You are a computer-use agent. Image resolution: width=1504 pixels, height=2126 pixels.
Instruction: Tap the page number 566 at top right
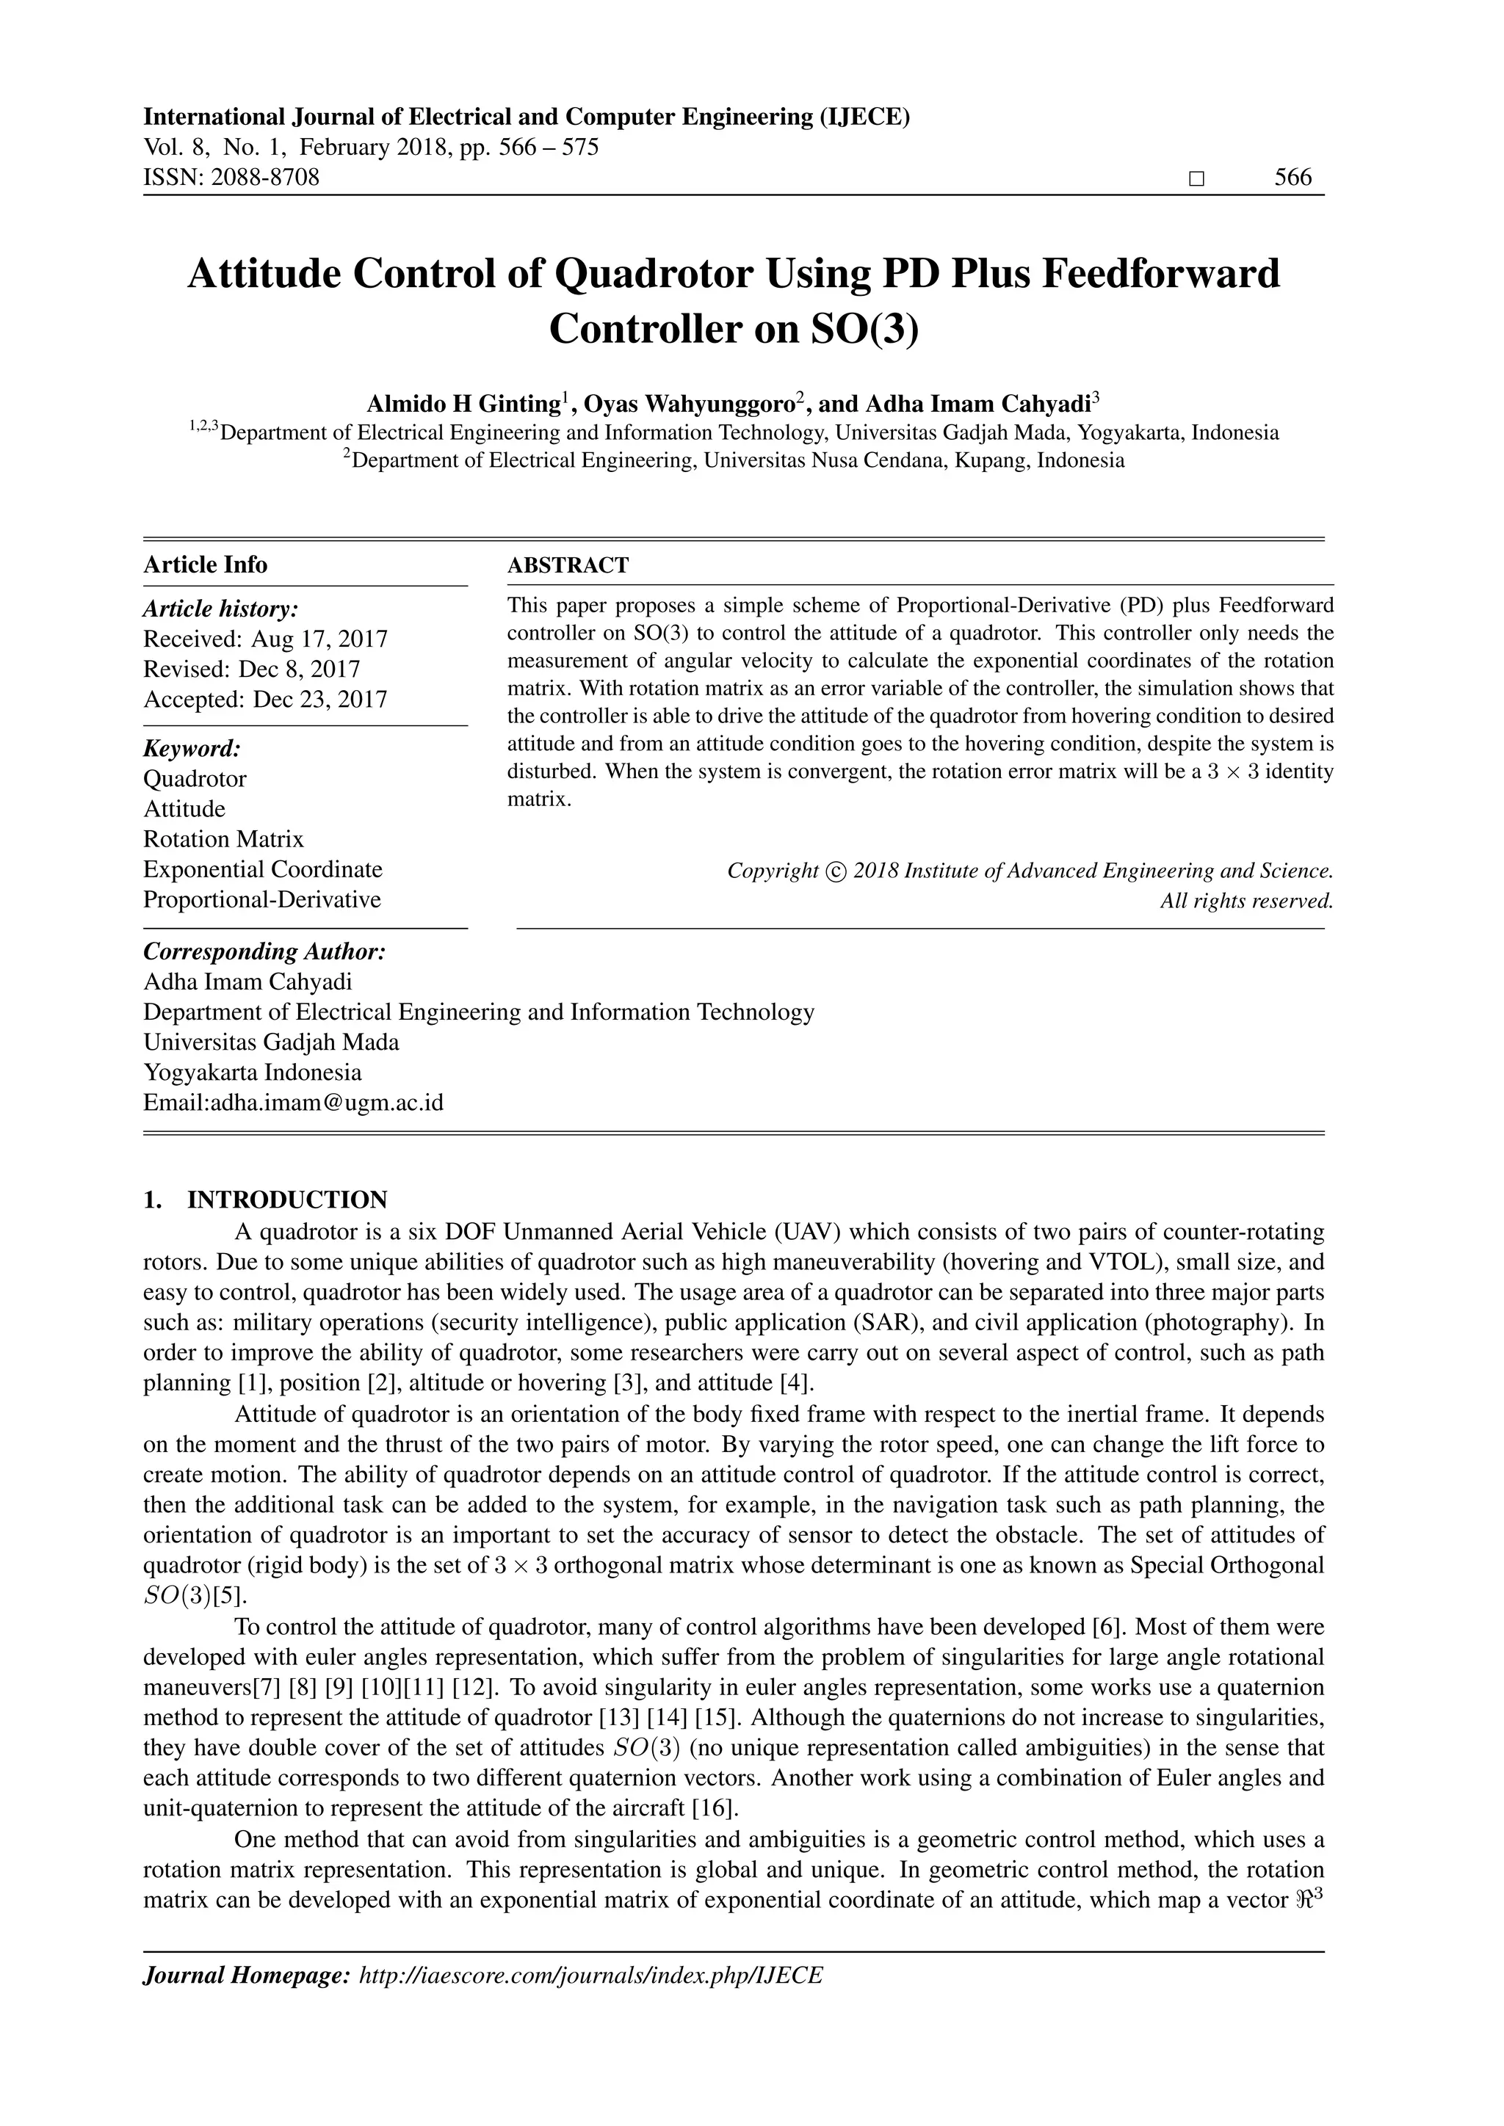coord(1292,178)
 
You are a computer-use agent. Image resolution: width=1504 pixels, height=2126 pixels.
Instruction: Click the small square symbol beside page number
coord(1196,178)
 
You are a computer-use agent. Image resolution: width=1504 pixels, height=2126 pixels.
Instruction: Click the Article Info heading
coord(205,565)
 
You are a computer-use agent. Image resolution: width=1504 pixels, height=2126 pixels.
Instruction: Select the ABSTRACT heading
coord(568,565)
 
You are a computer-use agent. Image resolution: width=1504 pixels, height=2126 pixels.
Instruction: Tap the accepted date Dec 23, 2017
coord(319,699)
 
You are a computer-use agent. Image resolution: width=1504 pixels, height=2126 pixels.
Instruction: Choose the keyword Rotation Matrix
coord(223,839)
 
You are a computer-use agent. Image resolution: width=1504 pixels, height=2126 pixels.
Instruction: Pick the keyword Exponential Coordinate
coord(262,869)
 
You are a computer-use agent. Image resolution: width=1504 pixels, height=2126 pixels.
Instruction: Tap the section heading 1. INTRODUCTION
coord(265,1200)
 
